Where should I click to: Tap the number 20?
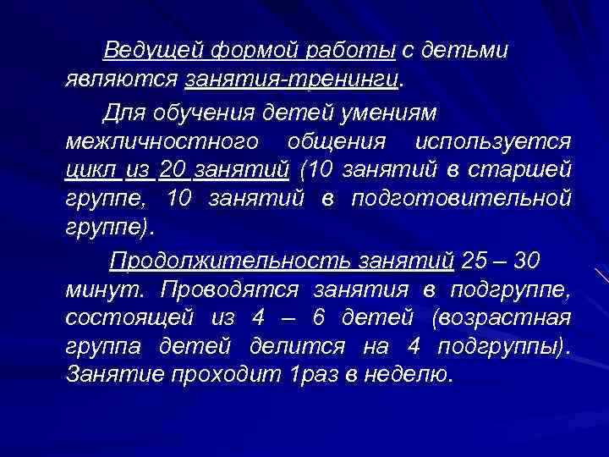[x=172, y=168]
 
